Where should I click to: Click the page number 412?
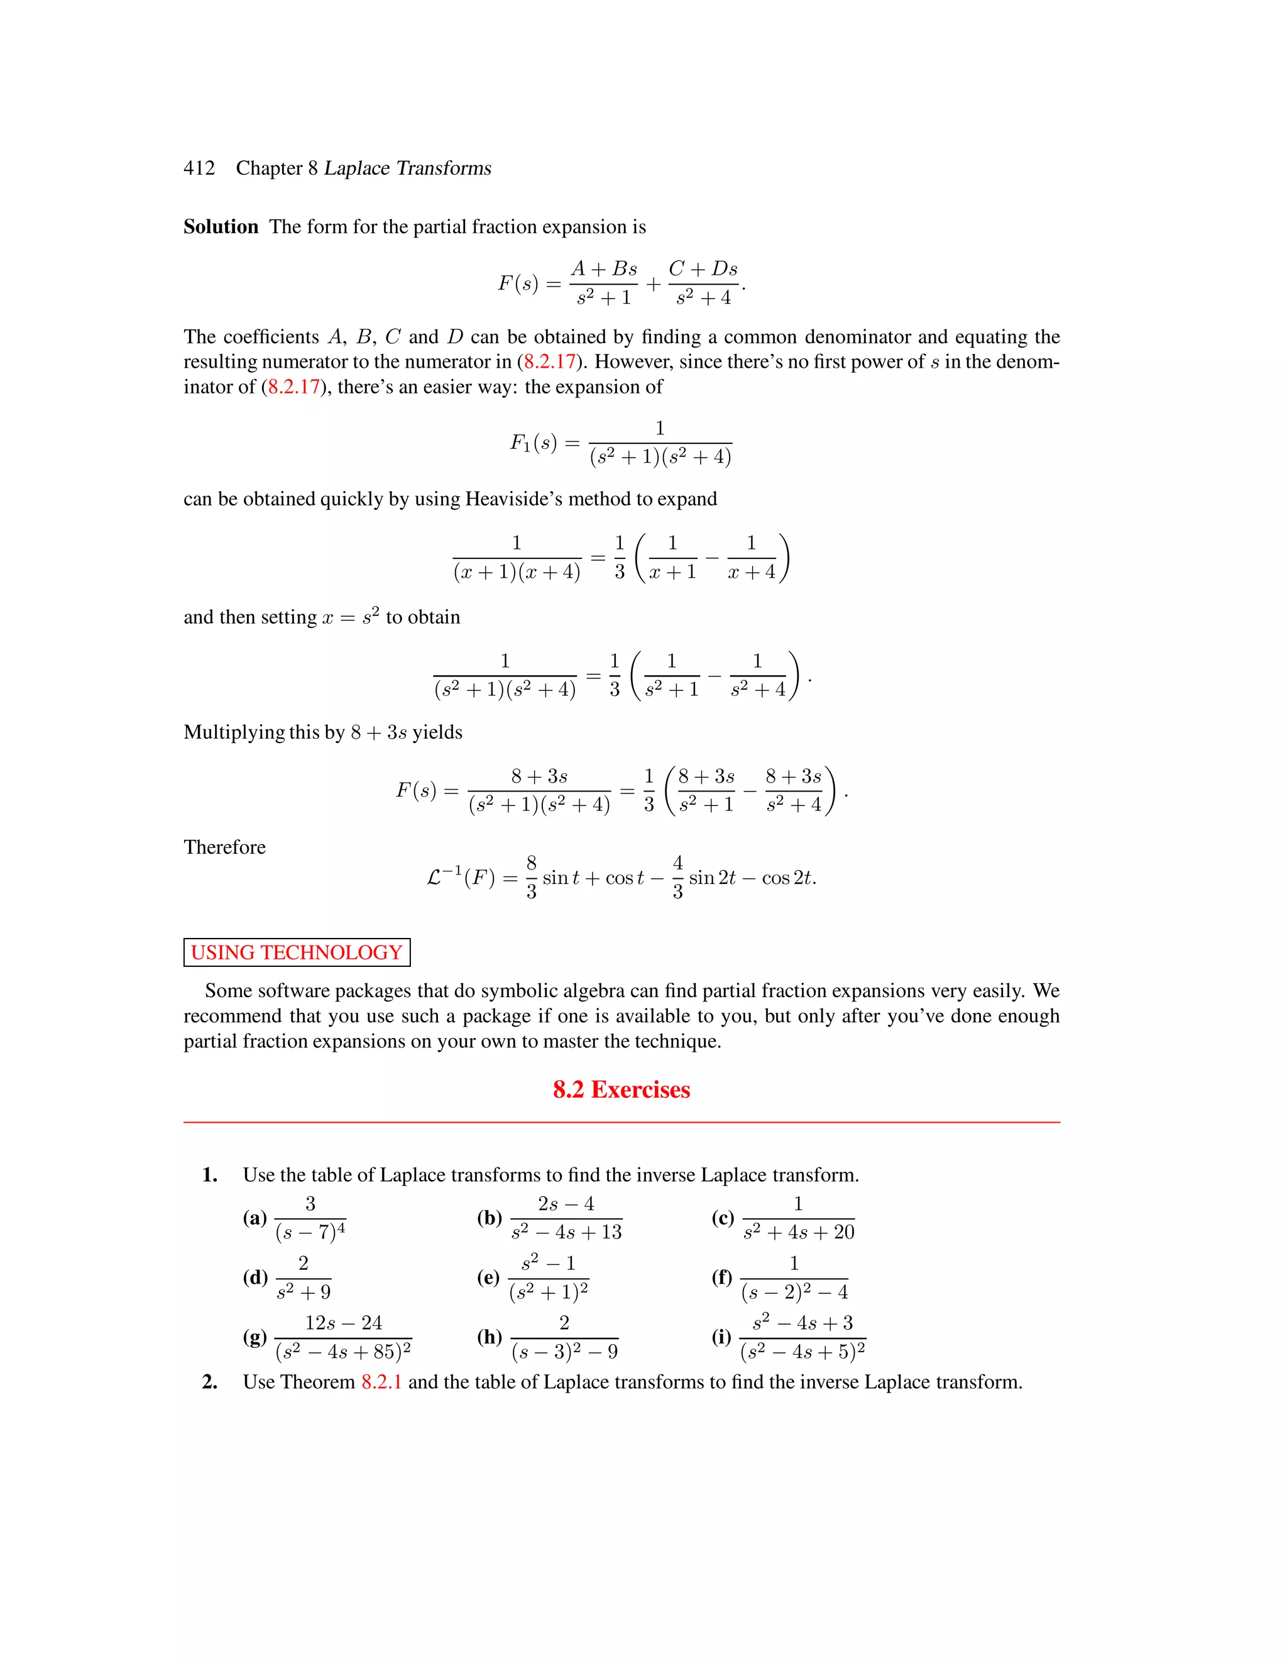pyautogui.click(x=199, y=168)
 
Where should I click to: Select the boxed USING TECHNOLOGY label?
pyautogui.click(x=297, y=952)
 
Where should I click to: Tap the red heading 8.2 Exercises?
pyautogui.click(x=622, y=1090)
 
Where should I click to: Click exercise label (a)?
pyautogui.click(x=255, y=1218)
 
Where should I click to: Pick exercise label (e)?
pyautogui.click(x=488, y=1277)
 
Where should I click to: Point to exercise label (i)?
pyautogui.click(x=721, y=1337)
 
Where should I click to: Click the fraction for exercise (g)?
pyautogui.click(x=343, y=1338)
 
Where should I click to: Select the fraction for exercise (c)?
pyautogui.click(x=798, y=1218)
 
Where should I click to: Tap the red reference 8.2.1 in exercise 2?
pyautogui.click(x=381, y=1382)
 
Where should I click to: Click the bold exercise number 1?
pyautogui.click(x=210, y=1175)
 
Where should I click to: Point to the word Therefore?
pyautogui.click(x=224, y=847)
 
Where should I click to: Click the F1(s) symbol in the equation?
pyautogui.click(x=533, y=443)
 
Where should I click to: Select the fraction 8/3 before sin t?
pyautogui.click(x=532, y=877)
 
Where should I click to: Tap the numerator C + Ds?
pyautogui.click(x=703, y=269)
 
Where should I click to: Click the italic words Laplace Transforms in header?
pyautogui.click(x=407, y=168)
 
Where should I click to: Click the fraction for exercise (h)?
pyautogui.click(x=564, y=1338)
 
